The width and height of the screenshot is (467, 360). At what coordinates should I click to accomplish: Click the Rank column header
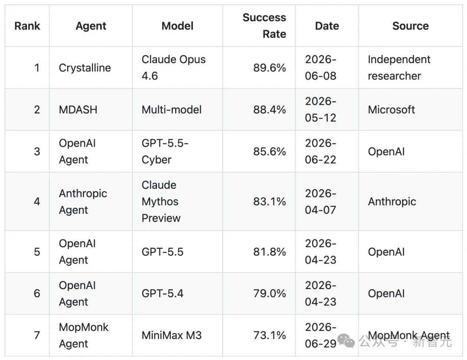27,26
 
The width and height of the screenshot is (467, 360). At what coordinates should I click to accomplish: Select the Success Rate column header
264,26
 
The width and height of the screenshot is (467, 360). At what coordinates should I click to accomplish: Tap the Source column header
410,26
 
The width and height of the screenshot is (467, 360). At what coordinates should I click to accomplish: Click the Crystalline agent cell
85,68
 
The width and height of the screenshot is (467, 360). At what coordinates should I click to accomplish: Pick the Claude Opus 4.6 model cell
174,67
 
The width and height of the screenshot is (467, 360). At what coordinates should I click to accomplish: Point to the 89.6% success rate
269,68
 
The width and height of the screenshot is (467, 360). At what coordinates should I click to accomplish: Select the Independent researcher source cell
399,67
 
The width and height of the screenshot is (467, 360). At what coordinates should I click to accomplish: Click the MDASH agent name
78,109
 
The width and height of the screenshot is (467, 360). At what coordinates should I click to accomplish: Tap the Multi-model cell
172,109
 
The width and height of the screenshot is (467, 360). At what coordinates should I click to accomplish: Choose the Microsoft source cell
391,109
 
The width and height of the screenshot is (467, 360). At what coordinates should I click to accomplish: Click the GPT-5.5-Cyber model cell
165,151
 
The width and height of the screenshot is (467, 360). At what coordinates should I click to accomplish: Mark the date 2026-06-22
320,151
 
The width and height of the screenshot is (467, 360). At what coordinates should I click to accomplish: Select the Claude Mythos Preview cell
161,202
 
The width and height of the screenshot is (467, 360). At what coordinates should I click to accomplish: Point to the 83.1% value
269,202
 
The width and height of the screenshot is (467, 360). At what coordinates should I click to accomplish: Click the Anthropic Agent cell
83,202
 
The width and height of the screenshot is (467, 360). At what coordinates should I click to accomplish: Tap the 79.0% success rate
269,293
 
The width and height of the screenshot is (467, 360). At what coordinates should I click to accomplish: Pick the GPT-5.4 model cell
162,293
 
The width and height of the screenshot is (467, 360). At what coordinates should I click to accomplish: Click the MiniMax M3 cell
172,335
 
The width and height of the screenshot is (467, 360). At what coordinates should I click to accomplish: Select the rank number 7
37,335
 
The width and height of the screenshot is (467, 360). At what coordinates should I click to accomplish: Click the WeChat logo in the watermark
346,341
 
